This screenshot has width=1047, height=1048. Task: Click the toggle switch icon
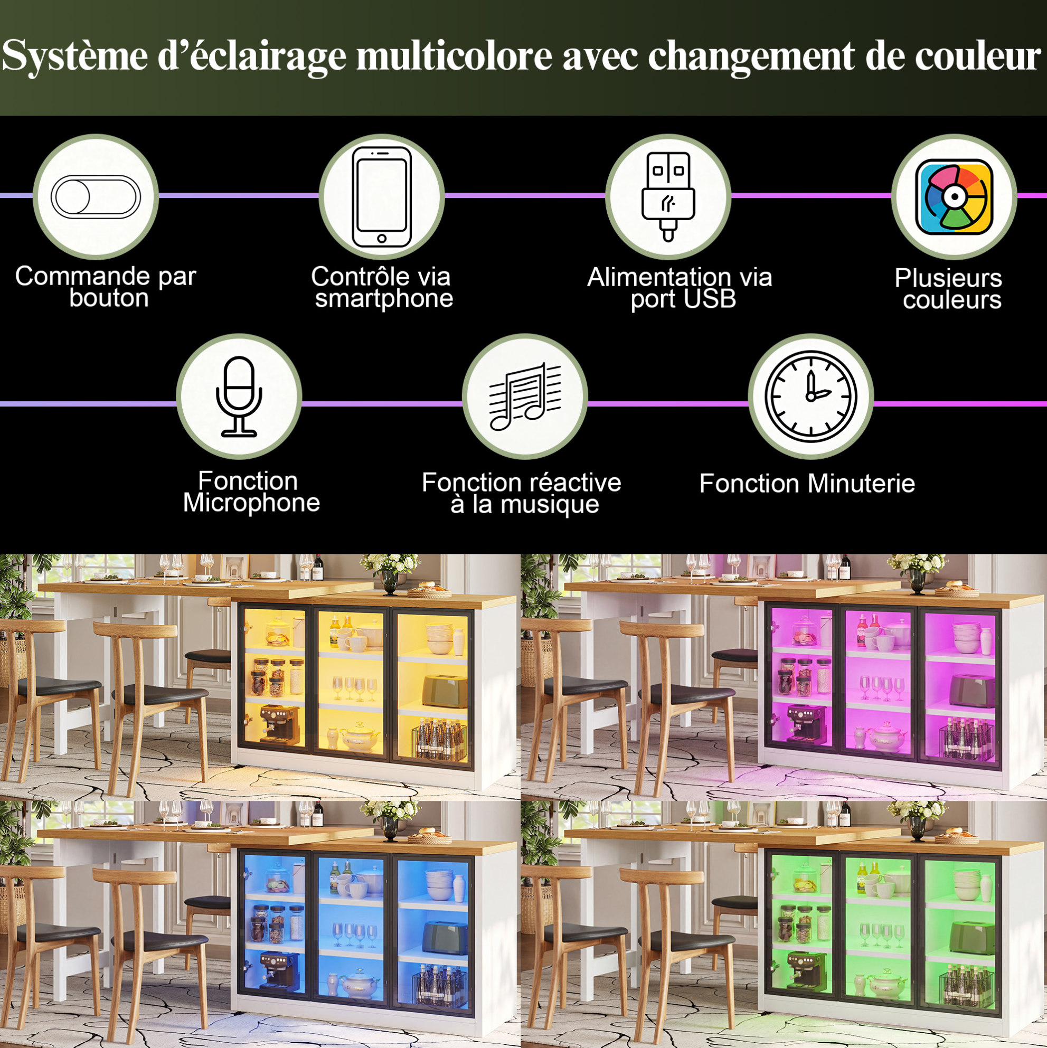point(96,197)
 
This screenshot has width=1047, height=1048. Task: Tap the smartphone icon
point(382,197)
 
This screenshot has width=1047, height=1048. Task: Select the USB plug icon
point(668,196)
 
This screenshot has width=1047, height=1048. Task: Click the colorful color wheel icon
point(954,197)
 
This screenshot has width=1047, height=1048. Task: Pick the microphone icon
point(239,396)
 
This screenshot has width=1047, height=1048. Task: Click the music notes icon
point(525,396)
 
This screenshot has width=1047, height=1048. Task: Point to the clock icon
point(811,396)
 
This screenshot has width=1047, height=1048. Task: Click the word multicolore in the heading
point(454,56)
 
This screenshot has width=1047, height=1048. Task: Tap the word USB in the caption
point(711,299)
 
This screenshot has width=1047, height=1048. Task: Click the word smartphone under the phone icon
point(384,299)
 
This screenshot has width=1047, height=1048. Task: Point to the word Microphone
point(252,503)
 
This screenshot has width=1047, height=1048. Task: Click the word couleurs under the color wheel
point(952,300)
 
